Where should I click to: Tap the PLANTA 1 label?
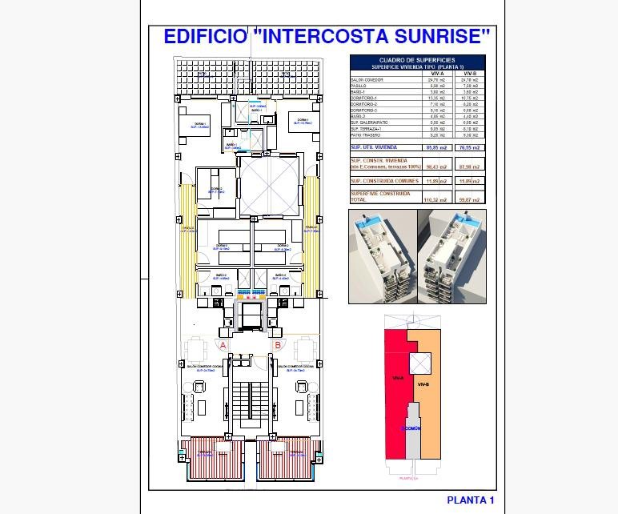click(470, 500)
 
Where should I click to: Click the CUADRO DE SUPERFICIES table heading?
click(417, 60)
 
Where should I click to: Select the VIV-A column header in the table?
click(435, 74)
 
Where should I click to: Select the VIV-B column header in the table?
click(470, 74)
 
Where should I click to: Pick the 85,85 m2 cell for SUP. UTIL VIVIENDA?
click(435, 148)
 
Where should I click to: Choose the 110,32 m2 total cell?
click(435, 199)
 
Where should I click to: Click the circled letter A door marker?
click(223, 345)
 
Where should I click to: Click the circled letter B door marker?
click(277, 345)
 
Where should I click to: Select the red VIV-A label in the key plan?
click(397, 377)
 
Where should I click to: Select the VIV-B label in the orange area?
click(423, 385)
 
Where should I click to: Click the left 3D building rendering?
click(383, 256)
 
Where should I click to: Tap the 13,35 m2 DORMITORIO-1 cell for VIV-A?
click(435, 98)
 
